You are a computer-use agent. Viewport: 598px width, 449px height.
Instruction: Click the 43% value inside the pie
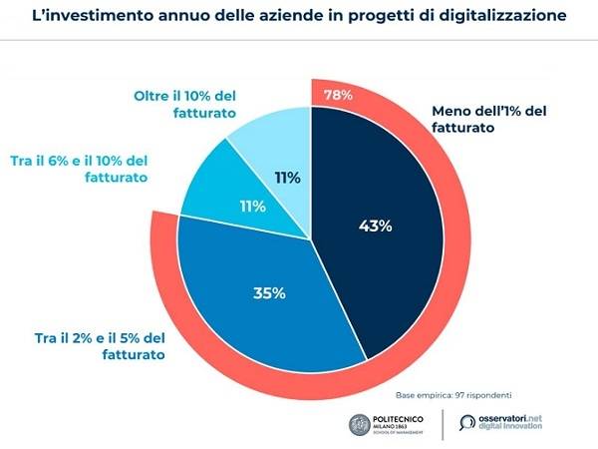coord(375,225)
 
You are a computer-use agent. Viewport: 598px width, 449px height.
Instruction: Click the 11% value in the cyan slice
coord(251,207)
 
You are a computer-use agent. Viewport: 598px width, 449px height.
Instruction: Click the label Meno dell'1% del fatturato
coord(488,121)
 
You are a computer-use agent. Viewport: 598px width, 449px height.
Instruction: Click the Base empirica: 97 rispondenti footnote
coord(452,395)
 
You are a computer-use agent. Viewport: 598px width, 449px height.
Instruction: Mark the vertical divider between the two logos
coord(444,422)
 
